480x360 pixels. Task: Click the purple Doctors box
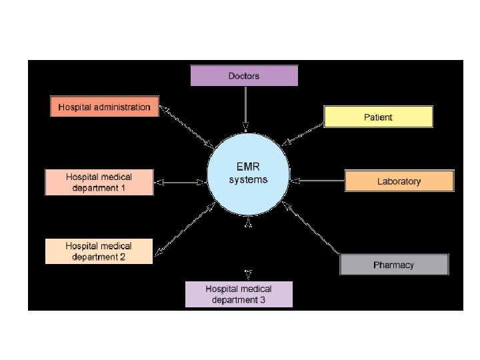pyautogui.click(x=244, y=76)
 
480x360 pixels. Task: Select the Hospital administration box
pyautogui.click(x=105, y=107)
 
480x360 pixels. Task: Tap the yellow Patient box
pyautogui.click(x=378, y=117)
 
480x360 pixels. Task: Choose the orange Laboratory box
pyautogui.click(x=399, y=181)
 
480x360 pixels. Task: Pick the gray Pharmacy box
pyautogui.click(x=394, y=265)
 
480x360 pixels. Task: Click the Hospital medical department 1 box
pyautogui.click(x=99, y=182)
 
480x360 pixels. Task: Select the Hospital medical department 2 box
pyautogui.click(x=99, y=251)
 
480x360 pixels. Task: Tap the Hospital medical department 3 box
pyautogui.click(x=239, y=294)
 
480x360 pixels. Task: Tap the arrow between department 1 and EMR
pyautogui.click(x=180, y=181)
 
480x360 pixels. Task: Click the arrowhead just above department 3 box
pyautogui.click(x=248, y=273)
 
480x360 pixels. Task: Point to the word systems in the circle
pyautogui.click(x=248, y=181)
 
